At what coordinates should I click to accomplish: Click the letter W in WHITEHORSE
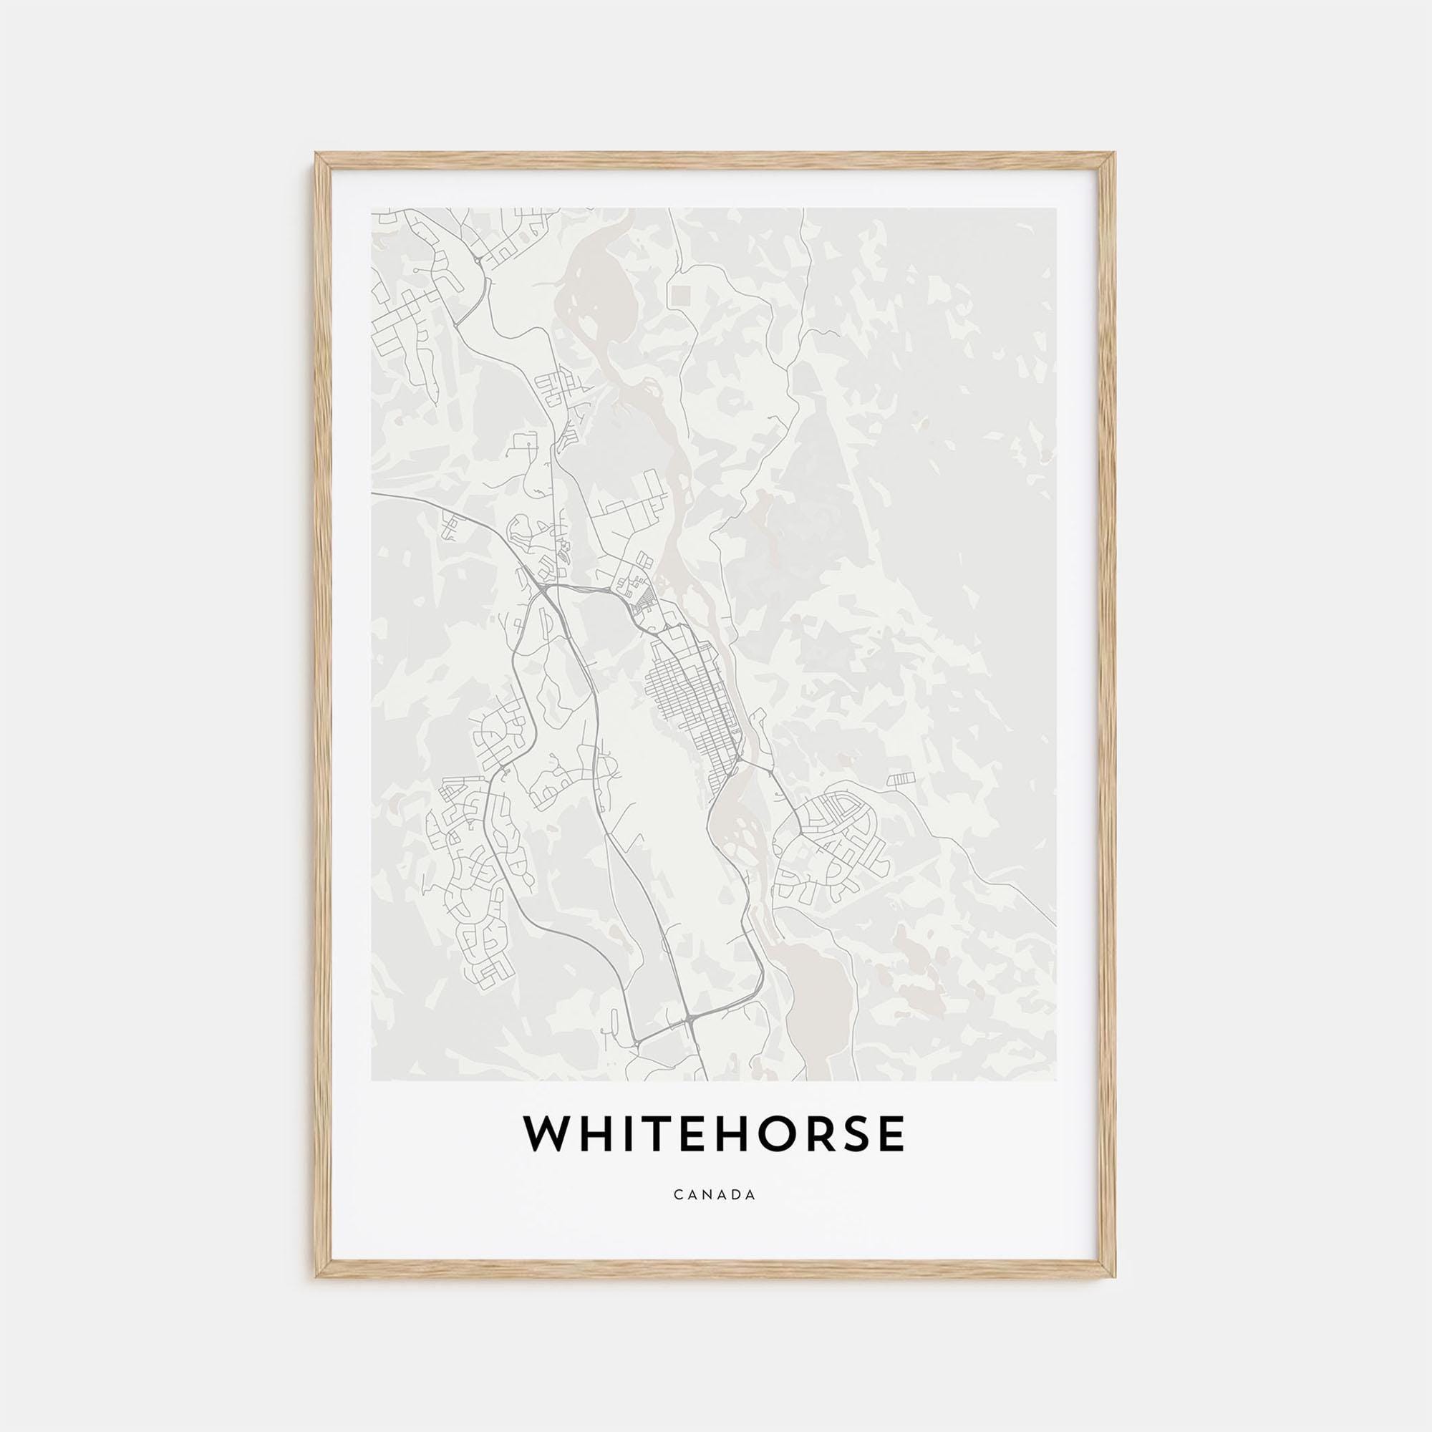coord(550,1154)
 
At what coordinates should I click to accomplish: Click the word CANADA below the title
coord(715,1216)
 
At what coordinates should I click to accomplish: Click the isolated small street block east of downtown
coord(901,778)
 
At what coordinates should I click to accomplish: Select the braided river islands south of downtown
coord(741,830)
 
